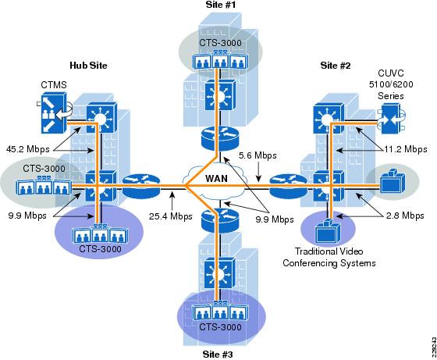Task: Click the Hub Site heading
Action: [x=88, y=66]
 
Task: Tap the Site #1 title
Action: [x=221, y=5]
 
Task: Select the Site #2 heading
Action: [x=336, y=66]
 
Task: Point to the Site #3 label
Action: [x=218, y=355]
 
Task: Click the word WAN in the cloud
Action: [x=216, y=178]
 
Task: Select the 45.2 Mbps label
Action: [x=28, y=149]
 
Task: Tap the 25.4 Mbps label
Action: [x=171, y=216]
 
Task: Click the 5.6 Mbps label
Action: [x=258, y=155]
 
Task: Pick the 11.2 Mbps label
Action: [x=406, y=149]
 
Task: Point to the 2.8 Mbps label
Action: [x=405, y=216]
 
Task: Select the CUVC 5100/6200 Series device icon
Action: [x=391, y=119]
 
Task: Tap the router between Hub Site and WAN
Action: [x=141, y=184]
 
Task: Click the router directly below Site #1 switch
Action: [x=220, y=138]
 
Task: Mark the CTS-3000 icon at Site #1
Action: [x=220, y=59]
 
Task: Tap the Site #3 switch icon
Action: [x=219, y=273]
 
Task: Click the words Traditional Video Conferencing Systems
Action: [x=329, y=257]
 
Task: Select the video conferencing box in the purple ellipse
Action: [x=327, y=231]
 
